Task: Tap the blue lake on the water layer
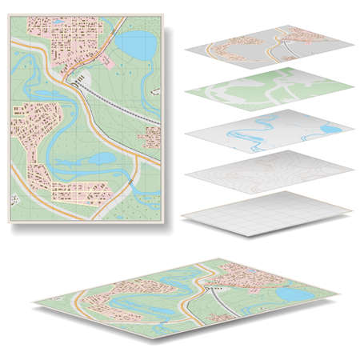point(329,129)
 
